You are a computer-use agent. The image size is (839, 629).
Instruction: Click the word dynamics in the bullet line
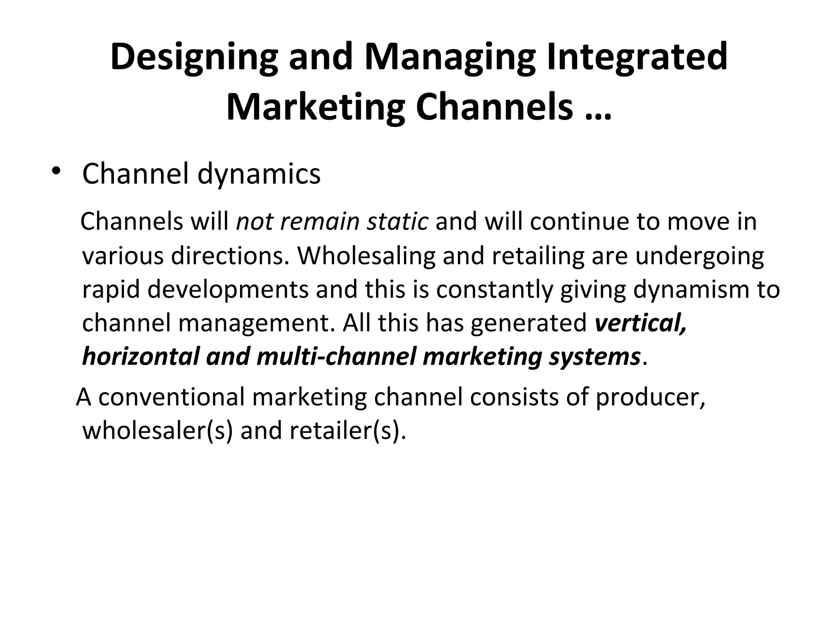point(259,174)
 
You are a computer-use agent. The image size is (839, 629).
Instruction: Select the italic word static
point(397,222)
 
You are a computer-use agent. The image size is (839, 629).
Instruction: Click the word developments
point(228,290)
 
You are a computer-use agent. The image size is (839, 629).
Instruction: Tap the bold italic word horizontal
point(141,356)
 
